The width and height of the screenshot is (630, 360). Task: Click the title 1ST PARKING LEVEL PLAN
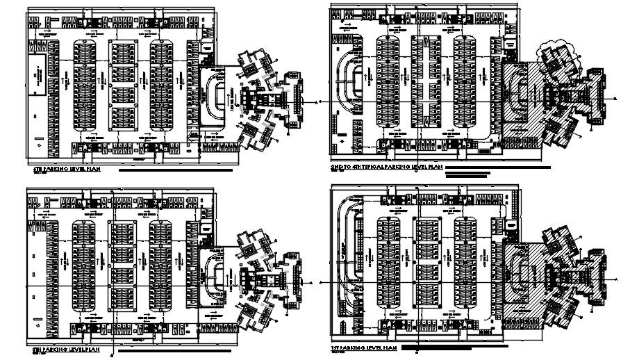coord(364,346)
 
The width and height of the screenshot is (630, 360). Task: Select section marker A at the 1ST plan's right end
coord(617,277)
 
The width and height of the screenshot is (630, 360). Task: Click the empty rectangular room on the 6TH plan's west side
coord(40,70)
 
